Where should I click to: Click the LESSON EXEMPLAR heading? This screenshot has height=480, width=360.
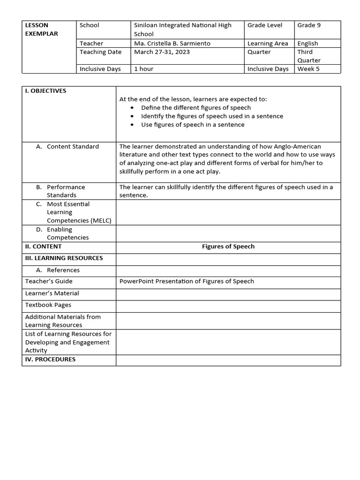(41, 29)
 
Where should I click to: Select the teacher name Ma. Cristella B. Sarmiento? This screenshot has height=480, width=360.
(172, 43)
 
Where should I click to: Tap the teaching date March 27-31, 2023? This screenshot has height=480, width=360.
(162, 52)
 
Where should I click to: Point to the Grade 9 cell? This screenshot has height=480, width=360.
(309, 25)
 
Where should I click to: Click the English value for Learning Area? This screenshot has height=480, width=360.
(307, 43)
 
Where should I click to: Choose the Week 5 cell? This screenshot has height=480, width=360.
(308, 69)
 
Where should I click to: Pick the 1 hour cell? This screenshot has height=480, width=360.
(143, 69)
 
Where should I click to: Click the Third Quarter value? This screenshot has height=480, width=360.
(308, 56)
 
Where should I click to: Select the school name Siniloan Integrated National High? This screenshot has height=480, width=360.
(182, 25)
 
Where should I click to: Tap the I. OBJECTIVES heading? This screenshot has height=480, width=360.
(45, 91)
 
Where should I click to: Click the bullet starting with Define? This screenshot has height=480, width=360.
(195, 108)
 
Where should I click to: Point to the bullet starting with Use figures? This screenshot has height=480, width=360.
(192, 125)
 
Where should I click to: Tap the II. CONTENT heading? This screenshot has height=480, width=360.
(43, 247)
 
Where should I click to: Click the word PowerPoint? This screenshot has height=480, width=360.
(137, 281)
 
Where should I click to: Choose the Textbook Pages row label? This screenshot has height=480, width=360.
(48, 305)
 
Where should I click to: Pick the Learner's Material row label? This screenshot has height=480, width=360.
(52, 293)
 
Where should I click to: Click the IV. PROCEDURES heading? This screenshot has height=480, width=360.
(50, 360)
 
